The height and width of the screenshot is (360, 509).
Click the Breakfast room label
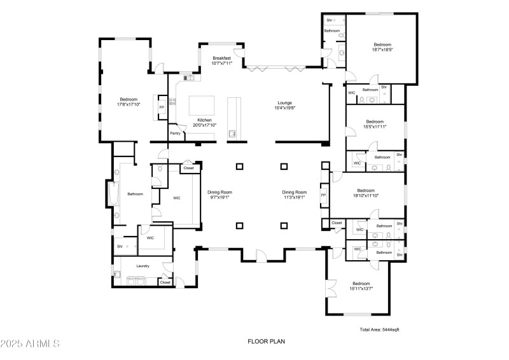point(222,58)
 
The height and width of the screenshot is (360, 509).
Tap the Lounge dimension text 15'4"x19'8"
point(284,108)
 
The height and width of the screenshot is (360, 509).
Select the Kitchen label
point(204,120)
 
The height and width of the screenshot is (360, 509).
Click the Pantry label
point(174,133)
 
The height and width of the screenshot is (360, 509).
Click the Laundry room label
point(143,266)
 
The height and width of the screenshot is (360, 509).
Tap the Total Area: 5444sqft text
point(380,329)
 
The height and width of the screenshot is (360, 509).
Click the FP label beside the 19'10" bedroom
point(323,195)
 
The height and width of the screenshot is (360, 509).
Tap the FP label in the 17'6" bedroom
point(162,107)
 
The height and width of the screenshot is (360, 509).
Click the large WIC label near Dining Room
point(177,198)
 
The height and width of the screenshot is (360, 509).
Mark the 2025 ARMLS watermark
point(31,344)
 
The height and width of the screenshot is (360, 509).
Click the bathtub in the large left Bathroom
point(115,195)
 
